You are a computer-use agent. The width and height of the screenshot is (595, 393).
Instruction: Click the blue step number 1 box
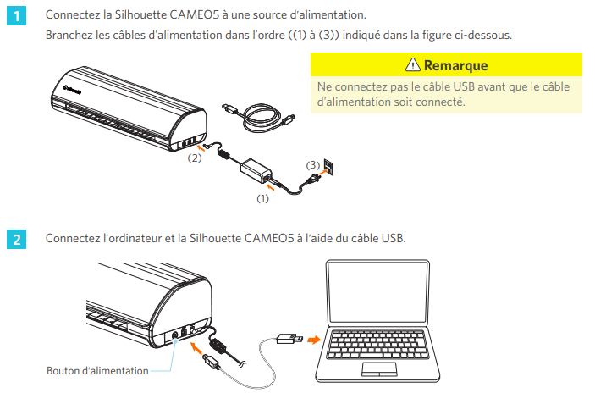pos(16,16)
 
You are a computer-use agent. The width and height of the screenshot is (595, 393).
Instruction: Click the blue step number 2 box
pos(16,240)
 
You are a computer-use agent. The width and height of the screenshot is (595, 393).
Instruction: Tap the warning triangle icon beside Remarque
pos(412,65)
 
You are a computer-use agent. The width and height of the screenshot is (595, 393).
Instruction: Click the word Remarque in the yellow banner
pos(455,65)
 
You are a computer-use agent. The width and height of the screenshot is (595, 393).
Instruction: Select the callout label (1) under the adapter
pos(262,198)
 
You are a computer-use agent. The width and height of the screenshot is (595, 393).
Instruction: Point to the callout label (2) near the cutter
pos(195,158)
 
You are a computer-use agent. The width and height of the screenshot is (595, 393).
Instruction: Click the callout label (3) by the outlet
pos(313,165)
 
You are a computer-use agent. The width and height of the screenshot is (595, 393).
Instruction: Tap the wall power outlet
pos(328,167)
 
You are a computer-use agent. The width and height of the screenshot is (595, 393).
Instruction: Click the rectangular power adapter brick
pos(256,171)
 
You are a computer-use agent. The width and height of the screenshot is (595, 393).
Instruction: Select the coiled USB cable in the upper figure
pos(259,118)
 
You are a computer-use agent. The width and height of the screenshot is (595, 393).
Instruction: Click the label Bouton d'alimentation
pos(97,371)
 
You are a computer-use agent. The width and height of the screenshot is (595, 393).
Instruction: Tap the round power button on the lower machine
pos(175,335)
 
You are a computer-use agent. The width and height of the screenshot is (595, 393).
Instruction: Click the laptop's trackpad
pos(379,369)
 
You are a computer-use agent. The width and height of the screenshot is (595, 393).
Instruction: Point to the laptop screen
pos(378,293)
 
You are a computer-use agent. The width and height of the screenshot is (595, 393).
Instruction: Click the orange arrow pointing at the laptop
pos(314,339)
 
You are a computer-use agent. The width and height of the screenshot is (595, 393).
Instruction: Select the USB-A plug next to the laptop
pos(290,338)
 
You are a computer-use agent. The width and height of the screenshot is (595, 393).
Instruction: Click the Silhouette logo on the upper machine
pos(72,90)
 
